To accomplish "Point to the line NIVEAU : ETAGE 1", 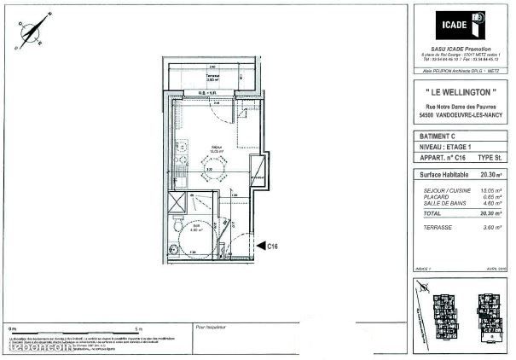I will [446, 147].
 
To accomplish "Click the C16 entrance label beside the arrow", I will [273, 247].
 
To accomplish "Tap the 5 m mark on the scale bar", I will [140, 328].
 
